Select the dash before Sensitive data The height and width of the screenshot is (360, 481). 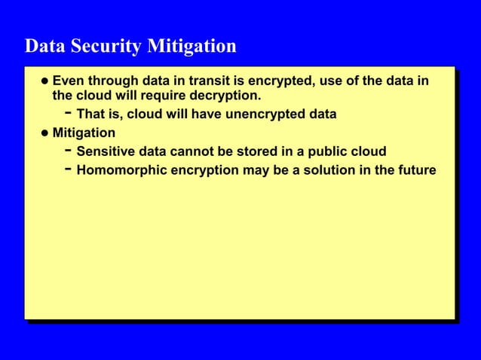point(68,151)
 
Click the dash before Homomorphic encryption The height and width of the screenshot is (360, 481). point(68,169)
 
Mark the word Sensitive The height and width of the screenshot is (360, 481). point(105,152)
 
